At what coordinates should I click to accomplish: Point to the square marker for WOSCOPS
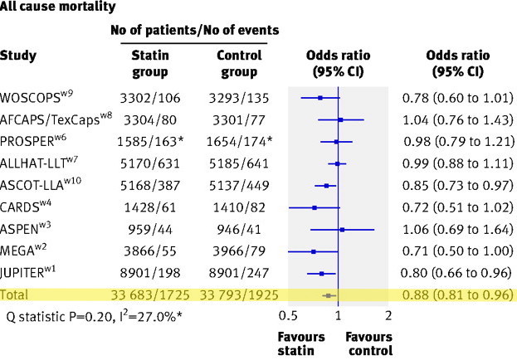(319, 99)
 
